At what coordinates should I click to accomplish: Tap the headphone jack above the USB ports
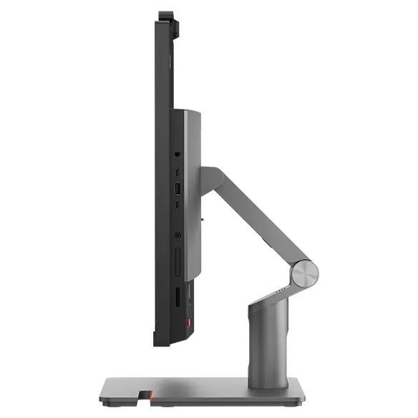tap(178, 152)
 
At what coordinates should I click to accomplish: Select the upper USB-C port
tap(178, 172)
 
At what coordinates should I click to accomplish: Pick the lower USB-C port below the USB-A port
tap(178, 205)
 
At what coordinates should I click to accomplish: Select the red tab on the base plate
tap(147, 394)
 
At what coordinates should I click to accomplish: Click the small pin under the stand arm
tap(203, 212)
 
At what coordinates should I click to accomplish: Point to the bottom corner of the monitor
tap(159, 343)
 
